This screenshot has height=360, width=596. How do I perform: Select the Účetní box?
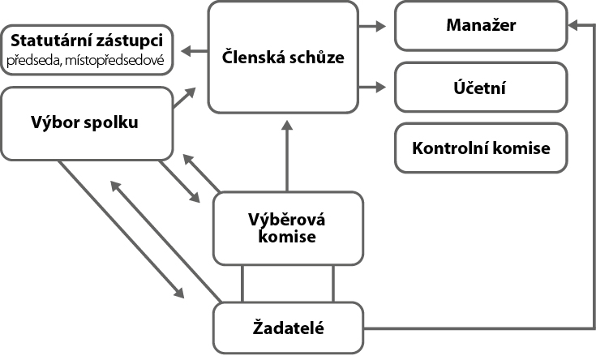(481, 87)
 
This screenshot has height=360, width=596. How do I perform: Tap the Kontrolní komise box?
(481, 148)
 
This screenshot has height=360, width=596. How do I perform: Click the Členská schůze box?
(283, 57)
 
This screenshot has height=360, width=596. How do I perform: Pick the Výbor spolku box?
(87, 123)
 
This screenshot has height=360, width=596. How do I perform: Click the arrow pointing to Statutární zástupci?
(194, 52)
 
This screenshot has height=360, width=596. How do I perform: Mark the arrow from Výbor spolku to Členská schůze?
(185, 98)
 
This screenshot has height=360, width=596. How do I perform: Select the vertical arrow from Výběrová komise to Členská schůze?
(286, 154)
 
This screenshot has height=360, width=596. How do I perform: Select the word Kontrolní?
(448, 148)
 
